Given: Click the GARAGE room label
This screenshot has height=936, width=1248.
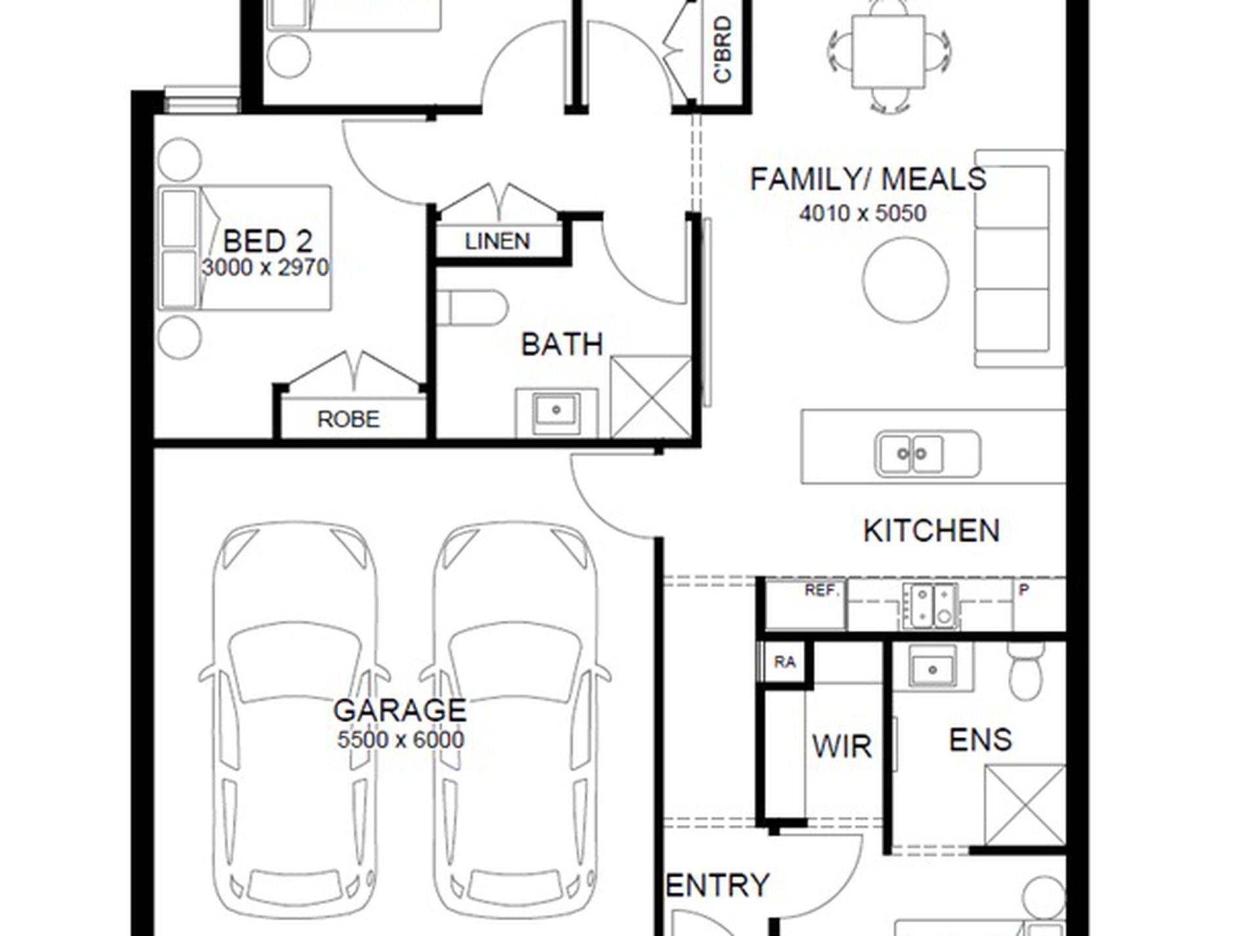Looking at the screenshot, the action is pos(400,711).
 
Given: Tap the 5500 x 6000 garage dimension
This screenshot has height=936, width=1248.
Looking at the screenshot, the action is pos(400,740).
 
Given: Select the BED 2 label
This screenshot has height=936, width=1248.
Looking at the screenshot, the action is pos(267,242).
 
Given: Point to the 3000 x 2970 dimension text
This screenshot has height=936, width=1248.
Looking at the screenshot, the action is pos(265,267).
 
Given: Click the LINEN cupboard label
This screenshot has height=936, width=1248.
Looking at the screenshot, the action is pos(497,241).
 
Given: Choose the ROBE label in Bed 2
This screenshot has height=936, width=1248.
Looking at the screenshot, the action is pos(348,419).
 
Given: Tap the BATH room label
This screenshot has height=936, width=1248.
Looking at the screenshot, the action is pos(562,344).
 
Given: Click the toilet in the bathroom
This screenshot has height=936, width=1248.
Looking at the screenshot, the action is pos(472,308).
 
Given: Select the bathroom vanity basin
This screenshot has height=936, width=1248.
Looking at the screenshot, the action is pos(556,411).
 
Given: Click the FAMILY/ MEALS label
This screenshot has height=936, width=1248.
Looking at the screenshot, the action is pos(868,179).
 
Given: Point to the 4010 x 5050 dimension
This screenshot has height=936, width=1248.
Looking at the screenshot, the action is pos(862,213).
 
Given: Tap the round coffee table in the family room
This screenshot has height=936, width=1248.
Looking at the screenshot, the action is pos(905,279).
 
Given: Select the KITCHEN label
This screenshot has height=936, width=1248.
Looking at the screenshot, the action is pos(931,531).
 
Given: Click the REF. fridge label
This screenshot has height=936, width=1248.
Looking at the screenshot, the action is pos(822,591).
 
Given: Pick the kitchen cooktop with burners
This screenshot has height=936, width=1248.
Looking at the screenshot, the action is pos(930,605).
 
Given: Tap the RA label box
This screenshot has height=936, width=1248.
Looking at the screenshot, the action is pos(785,662).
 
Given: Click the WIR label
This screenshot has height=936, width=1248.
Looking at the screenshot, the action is pos(841,747).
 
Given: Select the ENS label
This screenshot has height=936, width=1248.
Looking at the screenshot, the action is pos(980,740).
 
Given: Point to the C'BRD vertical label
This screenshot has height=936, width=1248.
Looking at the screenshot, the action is pos(723,50).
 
